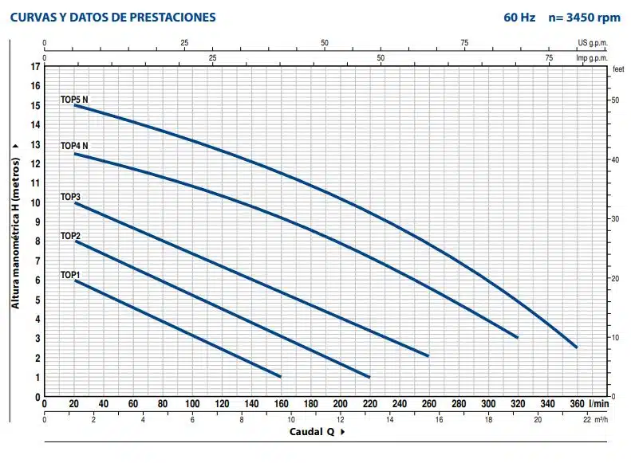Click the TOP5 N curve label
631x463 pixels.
tap(74, 100)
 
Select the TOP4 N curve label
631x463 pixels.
tap(74, 146)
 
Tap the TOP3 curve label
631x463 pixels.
tap(70, 196)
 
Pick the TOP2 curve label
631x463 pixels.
tap(70, 236)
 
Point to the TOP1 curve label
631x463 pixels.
tap(70, 275)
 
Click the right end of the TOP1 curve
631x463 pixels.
tap(281, 376)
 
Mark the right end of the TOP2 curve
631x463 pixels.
tap(369, 376)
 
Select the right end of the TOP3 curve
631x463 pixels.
tap(428, 355)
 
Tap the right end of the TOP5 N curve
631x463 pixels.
tap(576, 347)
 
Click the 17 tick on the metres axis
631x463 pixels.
tap(34, 66)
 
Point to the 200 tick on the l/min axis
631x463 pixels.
tap(340, 404)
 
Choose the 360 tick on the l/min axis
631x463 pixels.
tap(576, 404)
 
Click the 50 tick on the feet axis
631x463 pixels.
tap(613, 100)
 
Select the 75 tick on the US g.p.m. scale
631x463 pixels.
tap(465, 43)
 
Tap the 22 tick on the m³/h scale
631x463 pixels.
tap(587, 418)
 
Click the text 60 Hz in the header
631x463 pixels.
tap(520, 18)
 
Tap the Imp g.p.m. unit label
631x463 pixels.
tap(591, 57)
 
